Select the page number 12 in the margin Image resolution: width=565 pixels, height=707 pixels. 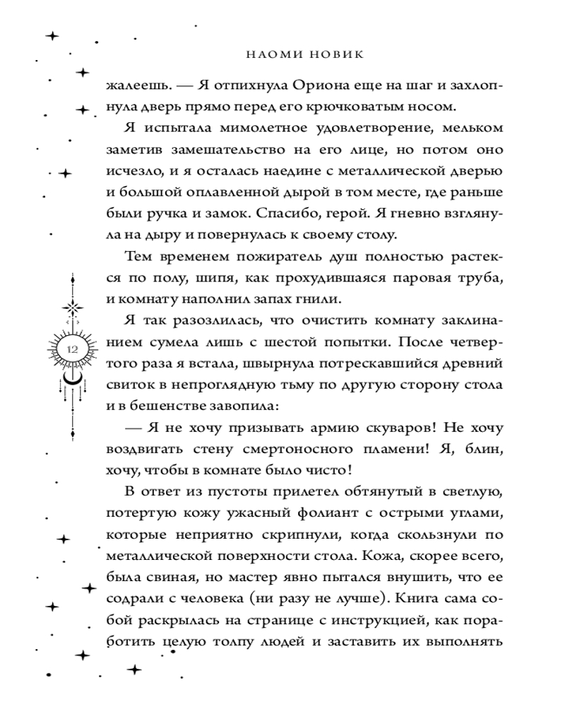pyautogui.click(x=73, y=349)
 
